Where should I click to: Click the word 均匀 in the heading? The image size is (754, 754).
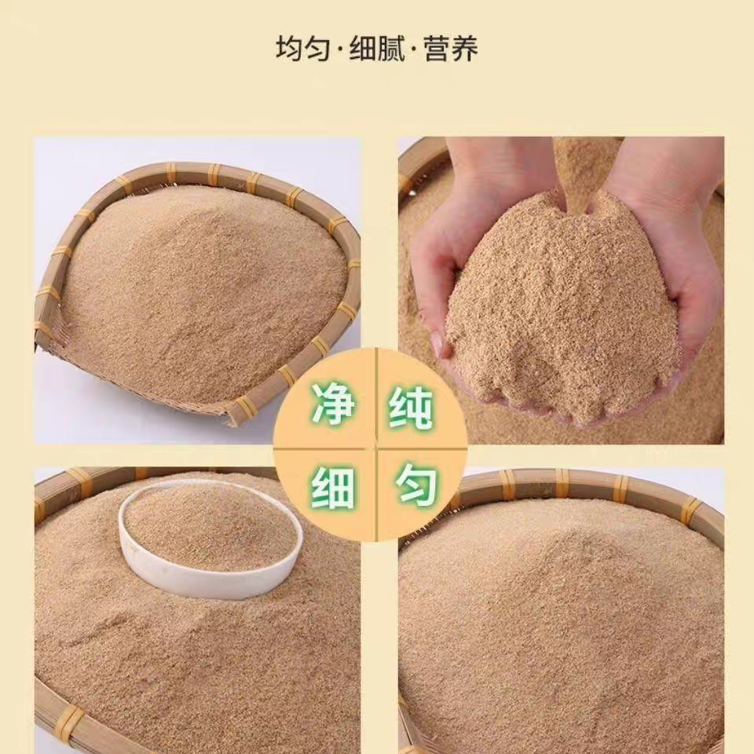pos(300,49)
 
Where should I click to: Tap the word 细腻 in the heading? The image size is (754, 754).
pos(377,49)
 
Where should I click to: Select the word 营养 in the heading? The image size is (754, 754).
pos(451,49)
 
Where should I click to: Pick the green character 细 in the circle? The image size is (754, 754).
pos(333,488)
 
